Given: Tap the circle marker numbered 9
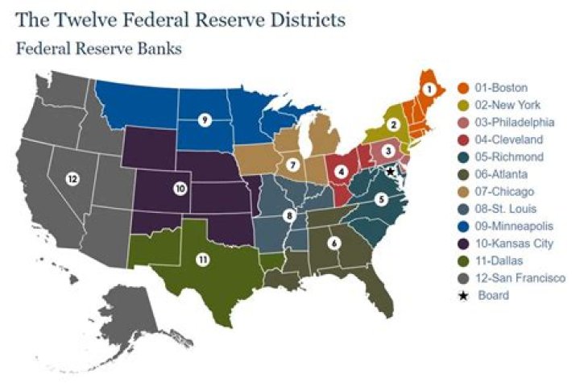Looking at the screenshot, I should (x=205, y=120).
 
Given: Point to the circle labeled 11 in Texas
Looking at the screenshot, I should (x=202, y=260).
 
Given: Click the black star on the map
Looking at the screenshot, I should (x=390, y=171).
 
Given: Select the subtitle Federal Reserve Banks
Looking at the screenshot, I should (x=98, y=48).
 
